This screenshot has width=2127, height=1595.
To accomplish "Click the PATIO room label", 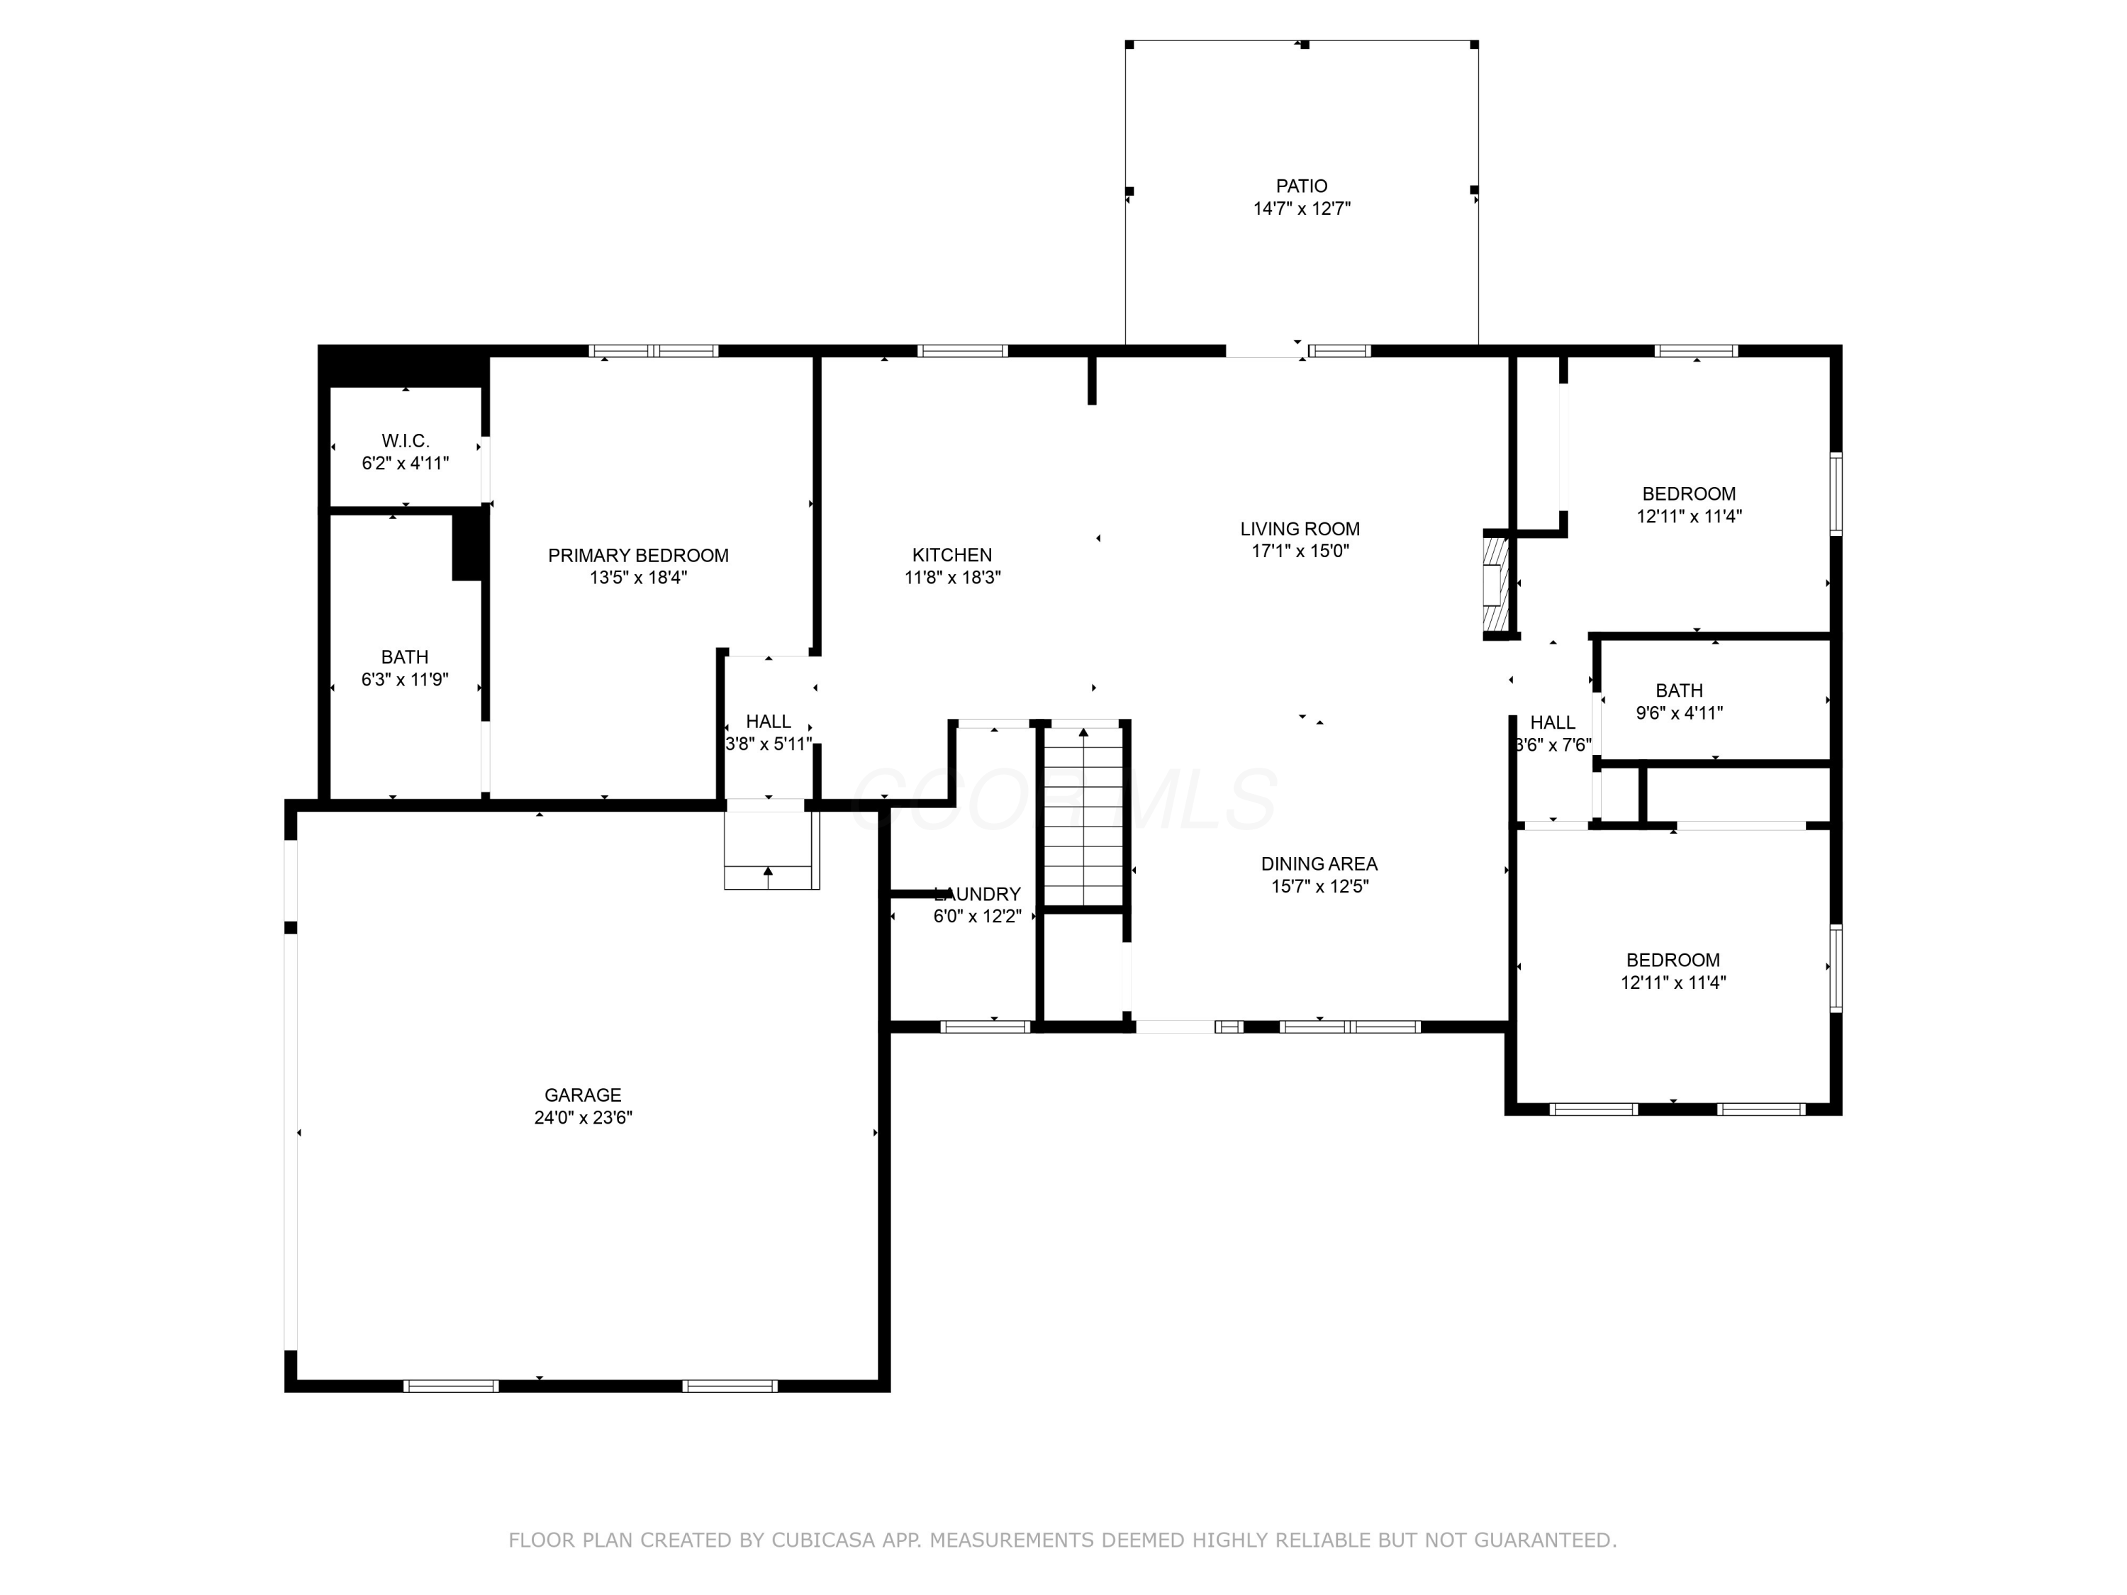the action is point(1301,186).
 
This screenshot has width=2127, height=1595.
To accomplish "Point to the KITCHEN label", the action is point(952,556).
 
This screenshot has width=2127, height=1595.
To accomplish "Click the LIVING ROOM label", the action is point(1300,529).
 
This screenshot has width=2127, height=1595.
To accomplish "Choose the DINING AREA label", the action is point(1319,864).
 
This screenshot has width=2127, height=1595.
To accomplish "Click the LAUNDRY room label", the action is point(977,894).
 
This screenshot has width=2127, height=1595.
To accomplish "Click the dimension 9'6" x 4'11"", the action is point(1679,713).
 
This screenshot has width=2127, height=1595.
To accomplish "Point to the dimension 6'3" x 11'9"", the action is point(405,680).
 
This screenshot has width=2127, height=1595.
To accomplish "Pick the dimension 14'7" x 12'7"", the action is point(1301,208).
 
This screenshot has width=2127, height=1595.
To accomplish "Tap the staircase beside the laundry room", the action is point(1083,816).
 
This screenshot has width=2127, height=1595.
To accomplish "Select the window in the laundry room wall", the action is point(985,1026).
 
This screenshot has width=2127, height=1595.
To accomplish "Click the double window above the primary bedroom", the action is point(654,351).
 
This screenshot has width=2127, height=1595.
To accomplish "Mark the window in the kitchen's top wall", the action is point(963,351).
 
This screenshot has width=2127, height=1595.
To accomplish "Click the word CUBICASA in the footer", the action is point(823,1540).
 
